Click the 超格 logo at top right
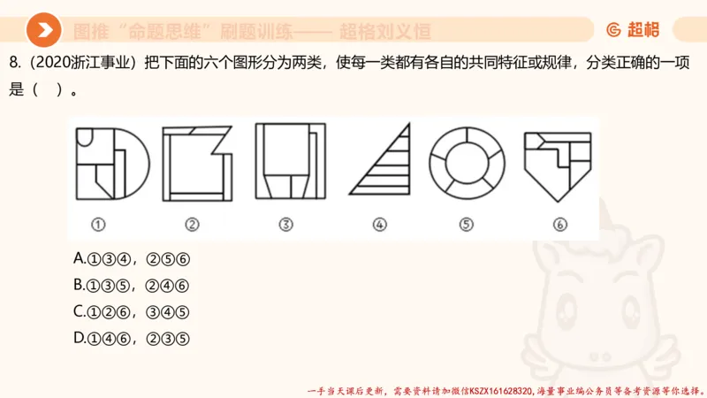pyautogui.click(x=633, y=30)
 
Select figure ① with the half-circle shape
pyautogui.click(x=112, y=164)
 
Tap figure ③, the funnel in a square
pyautogui.click(x=289, y=164)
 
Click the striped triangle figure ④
pyautogui.click(x=382, y=162)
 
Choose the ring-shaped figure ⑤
pyautogui.click(x=466, y=163)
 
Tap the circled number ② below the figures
pyautogui.click(x=193, y=225)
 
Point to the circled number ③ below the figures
pyautogui.click(x=285, y=225)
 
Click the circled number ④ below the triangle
pyautogui.click(x=379, y=225)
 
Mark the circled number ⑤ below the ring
pyautogui.click(x=466, y=225)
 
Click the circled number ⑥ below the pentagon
pyautogui.click(x=559, y=225)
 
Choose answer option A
pyautogui.click(x=133, y=259)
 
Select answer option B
pyautogui.click(x=133, y=285)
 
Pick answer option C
pyautogui.click(x=133, y=311)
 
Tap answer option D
pyautogui.click(x=133, y=338)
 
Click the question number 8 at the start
pyautogui.click(x=12, y=65)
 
